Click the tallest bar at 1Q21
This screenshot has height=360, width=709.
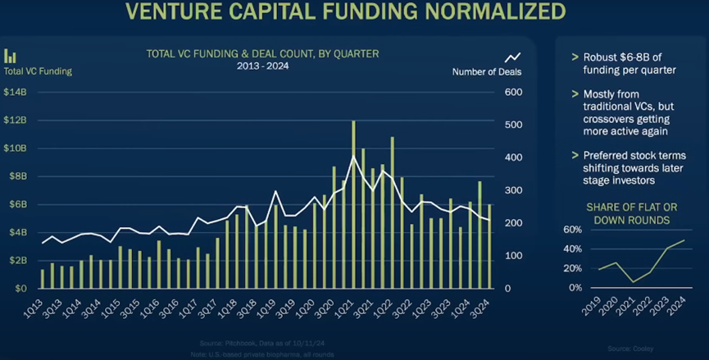[353, 205]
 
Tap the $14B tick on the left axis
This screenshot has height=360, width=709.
[16, 92]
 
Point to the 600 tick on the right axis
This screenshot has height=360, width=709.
[513, 92]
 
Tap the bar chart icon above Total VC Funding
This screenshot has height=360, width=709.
[11, 56]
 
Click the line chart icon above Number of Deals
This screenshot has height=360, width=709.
[513, 57]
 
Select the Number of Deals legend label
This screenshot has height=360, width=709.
[487, 71]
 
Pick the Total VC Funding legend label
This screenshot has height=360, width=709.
[38, 71]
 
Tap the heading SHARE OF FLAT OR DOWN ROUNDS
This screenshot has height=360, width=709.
[630, 214]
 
